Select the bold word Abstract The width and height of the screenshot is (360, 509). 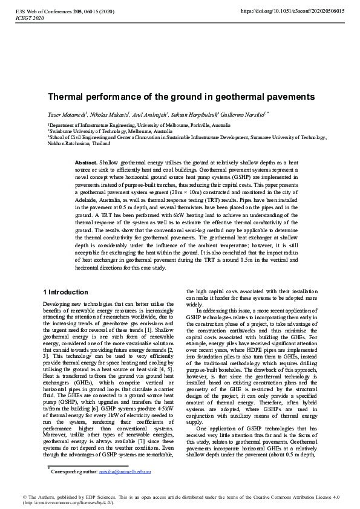tap(87, 163)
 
